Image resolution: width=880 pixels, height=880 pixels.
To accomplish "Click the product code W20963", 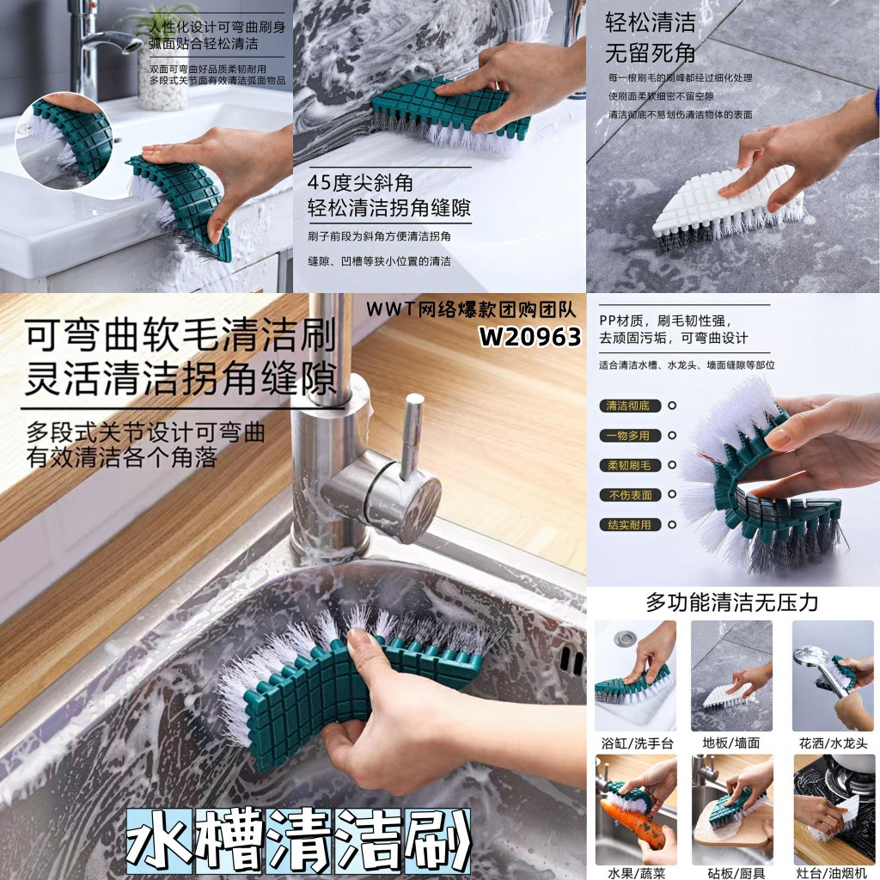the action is pos(529,337).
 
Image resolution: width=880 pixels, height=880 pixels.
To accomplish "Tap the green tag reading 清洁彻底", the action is pos(630,406).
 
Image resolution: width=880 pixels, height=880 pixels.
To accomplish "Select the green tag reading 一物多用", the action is pos(630,436).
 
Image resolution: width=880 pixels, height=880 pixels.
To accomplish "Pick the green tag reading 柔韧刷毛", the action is pos(630,465).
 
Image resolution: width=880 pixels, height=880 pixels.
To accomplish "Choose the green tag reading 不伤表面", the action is pos(630,495).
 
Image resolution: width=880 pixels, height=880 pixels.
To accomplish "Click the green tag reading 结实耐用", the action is pos(630,525).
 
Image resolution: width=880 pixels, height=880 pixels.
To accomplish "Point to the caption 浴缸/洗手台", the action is pos(637,743).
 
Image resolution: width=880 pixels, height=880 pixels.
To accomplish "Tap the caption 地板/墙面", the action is pos(731,743).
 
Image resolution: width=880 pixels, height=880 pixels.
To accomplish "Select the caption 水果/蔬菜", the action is pos(637,873).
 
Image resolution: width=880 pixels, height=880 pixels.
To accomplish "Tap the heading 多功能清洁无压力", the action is pos(732,602).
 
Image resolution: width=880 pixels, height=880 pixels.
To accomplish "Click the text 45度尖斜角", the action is pos(360,183).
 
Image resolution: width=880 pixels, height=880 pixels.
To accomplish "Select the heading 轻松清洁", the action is pos(651,23).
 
